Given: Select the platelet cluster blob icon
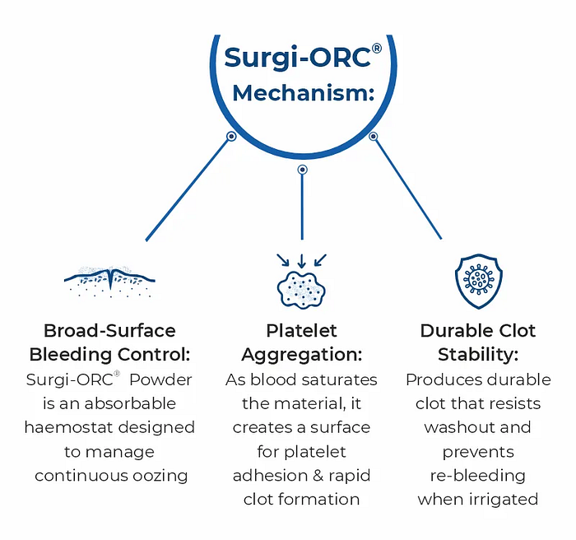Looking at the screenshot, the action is (x=301, y=291).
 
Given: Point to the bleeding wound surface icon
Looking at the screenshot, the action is (x=109, y=282).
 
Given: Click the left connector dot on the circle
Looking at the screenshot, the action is (x=231, y=137).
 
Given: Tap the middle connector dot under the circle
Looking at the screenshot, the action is (x=302, y=170).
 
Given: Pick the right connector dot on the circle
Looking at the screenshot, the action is (x=373, y=137).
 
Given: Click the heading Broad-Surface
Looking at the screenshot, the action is (x=109, y=331).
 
